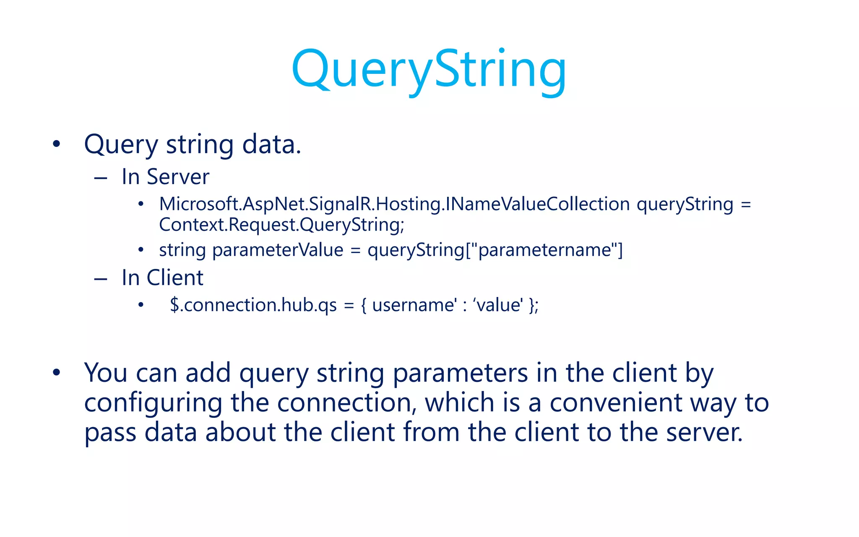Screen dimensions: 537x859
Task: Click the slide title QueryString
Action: (x=429, y=69)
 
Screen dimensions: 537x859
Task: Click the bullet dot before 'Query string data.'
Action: (x=57, y=144)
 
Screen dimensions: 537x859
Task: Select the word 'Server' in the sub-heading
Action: (x=178, y=177)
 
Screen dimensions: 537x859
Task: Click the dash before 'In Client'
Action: (x=101, y=279)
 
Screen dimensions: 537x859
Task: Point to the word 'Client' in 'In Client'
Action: (x=175, y=278)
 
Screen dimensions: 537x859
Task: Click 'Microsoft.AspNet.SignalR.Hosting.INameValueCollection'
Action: (x=394, y=204)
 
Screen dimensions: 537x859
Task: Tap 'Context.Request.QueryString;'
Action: (x=281, y=225)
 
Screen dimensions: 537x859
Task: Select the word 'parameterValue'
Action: (x=278, y=250)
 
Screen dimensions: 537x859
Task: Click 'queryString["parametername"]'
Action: (x=495, y=250)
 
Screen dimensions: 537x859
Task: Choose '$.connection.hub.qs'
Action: (x=253, y=305)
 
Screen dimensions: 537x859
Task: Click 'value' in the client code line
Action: (x=498, y=305)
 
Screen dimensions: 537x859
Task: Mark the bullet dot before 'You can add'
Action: (x=57, y=373)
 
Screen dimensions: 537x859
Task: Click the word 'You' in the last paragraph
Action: (x=106, y=373)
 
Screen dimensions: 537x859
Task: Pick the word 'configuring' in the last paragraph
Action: (x=153, y=403)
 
